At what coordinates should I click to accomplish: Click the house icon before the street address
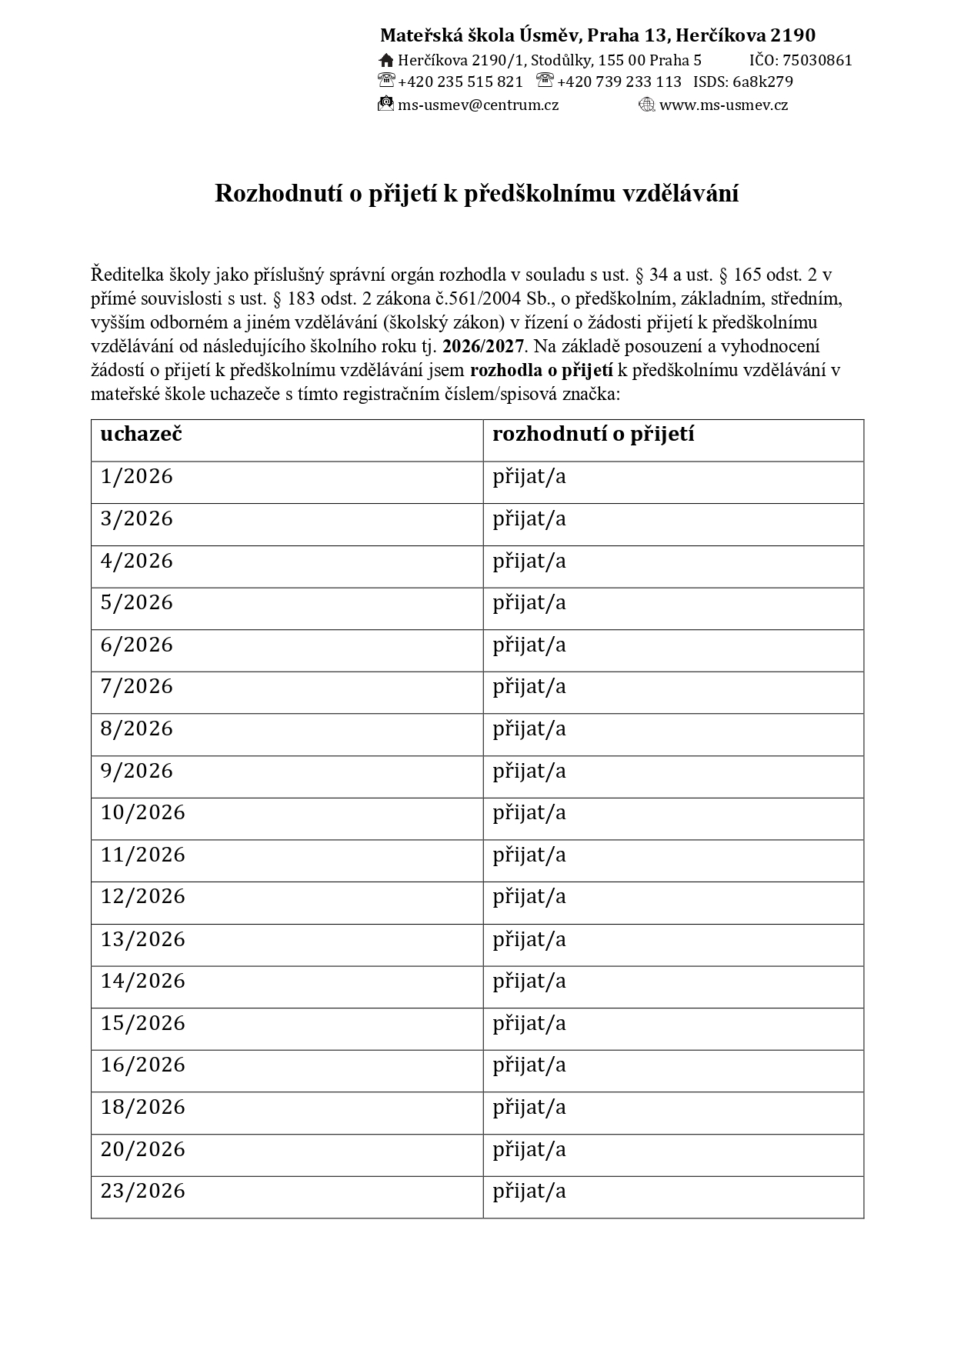[x=386, y=61]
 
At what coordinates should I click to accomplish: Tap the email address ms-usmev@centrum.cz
[x=478, y=105]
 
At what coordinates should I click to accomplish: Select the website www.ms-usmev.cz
[x=723, y=105]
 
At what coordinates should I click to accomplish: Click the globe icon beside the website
[x=646, y=105]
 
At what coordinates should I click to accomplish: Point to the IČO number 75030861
[x=817, y=61]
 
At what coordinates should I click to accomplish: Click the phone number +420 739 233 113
[x=619, y=82]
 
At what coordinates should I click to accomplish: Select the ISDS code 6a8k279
[x=762, y=82]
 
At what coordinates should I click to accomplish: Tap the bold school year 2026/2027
[x=483, y=346]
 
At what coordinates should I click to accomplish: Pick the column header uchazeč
[x=141, y=435]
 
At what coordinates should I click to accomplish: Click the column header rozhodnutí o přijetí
[x=593, y=435]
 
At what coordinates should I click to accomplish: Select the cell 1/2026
[x=137, y=477]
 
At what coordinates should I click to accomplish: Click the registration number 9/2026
[x=137, y=772]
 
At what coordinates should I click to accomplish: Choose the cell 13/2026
[x=143, y=940]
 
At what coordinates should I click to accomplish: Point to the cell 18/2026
[x=143, y=1108]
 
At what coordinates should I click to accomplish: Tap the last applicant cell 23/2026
[x=143, y=1192]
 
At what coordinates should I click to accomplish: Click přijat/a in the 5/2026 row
[x=529, y=603]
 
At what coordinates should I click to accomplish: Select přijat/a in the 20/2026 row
[x=529, y=1150]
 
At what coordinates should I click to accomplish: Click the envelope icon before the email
[x=385, y=105]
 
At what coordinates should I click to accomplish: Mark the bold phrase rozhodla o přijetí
[x=542, y=371]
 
